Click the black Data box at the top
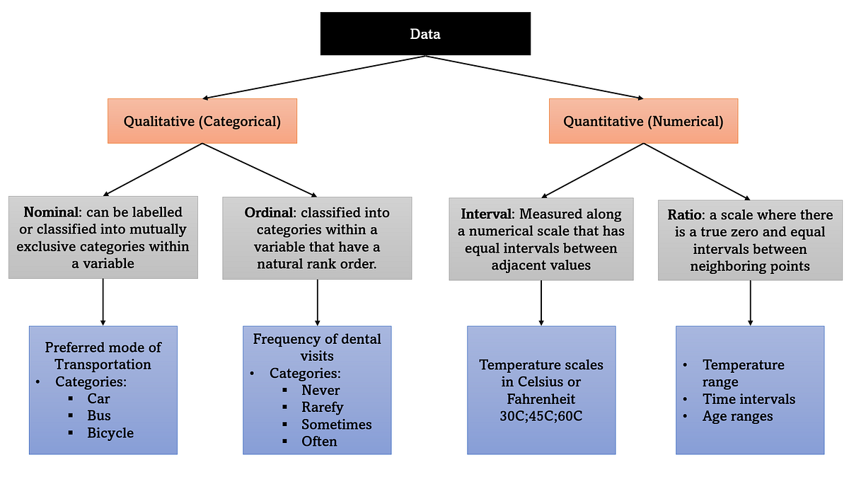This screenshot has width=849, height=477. pyautogui.click(x=425, y=33)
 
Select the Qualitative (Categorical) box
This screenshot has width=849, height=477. pyautogui.click(x=202, y=121)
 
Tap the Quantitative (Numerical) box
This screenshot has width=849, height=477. pyautogui.click(x=643, y=121)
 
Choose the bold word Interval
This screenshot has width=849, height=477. pyautogui.click(x=487, y=214)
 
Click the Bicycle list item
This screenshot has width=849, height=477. pyautogui.click(x=110, y=432)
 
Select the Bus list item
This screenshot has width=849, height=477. pyautogui.click(x=99, y=415)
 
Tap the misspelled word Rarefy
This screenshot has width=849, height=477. pyautogui.click(x=322, y=407)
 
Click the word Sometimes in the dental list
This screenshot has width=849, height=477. pyautogui.click(x=336, y=424)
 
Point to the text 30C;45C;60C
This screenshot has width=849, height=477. pyautogui.click(x=541, y=415)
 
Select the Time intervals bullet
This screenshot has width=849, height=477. pyautogui.click(x=749, y=399)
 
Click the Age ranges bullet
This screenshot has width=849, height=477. pyautogui.click(x=737, y=416)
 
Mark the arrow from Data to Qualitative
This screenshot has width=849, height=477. pyautogui.click(x=311, y=77)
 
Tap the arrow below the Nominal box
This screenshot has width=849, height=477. pyautogui.click(x=103, y=301)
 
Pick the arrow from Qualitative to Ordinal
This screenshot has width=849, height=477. pyautogui.click(x=260, y=169)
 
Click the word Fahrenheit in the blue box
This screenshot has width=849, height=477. pyautogui.click(x=541, y=398)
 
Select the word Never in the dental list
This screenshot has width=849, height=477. pyautogui.click(x=320, y=390)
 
